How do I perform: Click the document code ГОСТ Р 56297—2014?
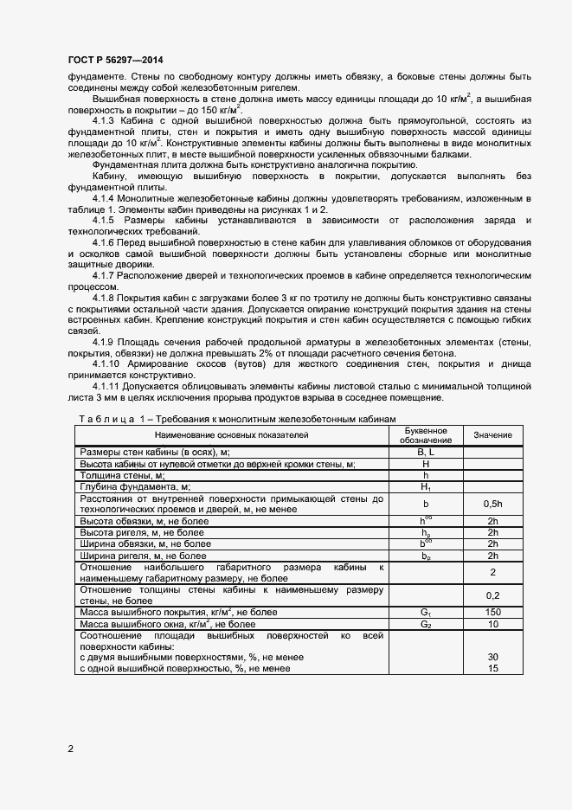[111, 59]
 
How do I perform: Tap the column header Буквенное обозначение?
[425, 434]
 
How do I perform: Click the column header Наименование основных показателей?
[232, 434]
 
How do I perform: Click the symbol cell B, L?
[425, 452]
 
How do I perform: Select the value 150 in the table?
[492, 612]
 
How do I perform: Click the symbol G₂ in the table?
[425, 623]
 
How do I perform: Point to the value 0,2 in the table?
[492, 595]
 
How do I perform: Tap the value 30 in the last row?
[492, 657]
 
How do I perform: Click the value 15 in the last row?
[492, 668]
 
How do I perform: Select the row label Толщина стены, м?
[122, 475]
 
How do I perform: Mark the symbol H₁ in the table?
[425, 487]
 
